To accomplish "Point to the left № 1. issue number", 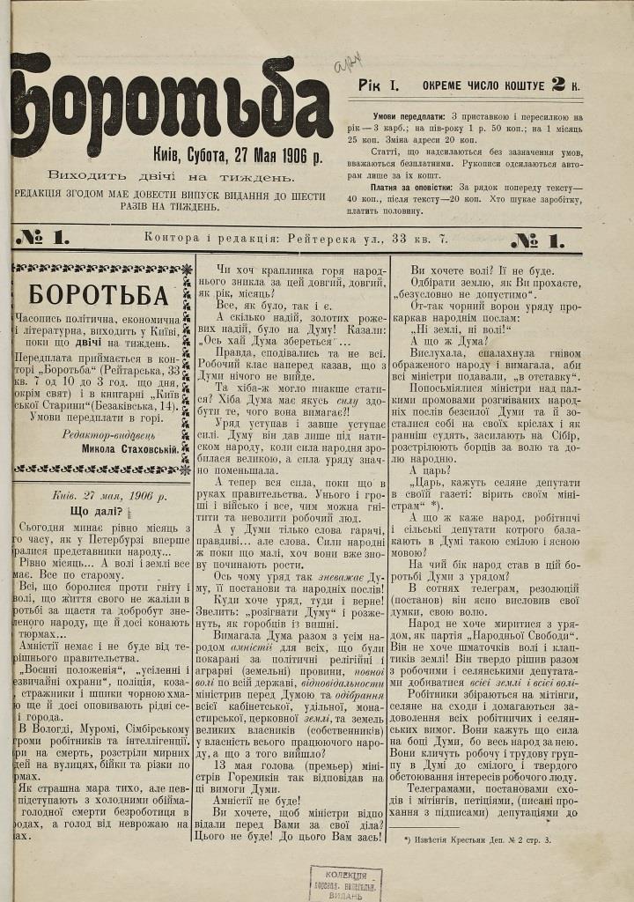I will (41, 237).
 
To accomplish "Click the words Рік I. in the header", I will (380, 86).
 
